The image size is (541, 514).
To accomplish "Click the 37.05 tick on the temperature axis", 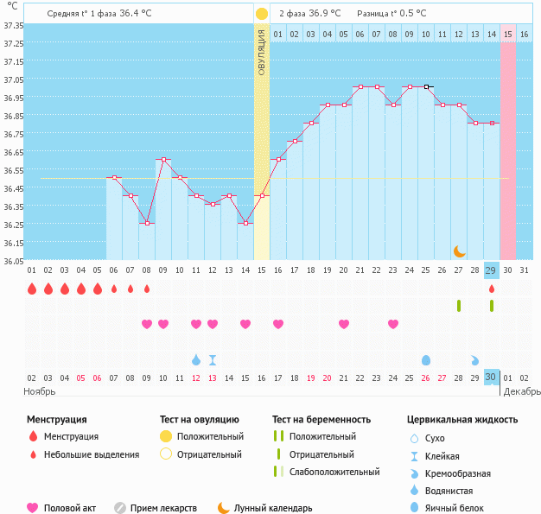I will [x=13, y=79].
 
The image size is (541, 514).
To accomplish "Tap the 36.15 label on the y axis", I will [x=13, y=243].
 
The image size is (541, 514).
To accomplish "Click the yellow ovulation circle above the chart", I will [x=262, y=14].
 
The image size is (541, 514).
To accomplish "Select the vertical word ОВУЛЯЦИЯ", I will [x=262, y=52].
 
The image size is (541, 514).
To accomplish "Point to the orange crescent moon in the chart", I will [x=460, y=251].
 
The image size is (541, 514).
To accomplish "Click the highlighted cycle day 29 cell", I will [x=492, y=270].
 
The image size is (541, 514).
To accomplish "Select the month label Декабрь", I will [x=522, y=391].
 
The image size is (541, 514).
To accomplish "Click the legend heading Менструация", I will [x=56, y=419].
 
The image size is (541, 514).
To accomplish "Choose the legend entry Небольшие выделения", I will [x=91, y=454].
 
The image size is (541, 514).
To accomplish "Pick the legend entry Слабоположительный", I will [x=334, y=472].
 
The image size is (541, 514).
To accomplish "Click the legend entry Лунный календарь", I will [x=272, y=508].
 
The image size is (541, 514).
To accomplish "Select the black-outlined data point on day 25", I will [x=426, y=86].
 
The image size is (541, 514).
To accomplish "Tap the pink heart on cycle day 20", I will [x=344, y=324].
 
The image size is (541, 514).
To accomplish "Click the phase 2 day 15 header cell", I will [x=508, y=34].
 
